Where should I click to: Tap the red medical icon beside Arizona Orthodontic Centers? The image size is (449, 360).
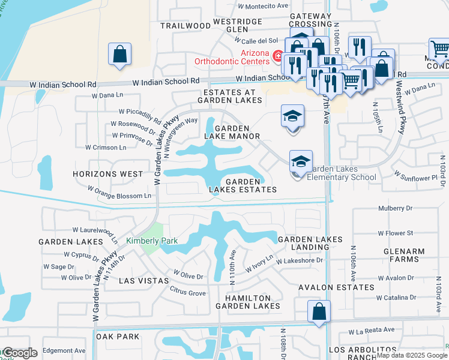click(x=277, y=57)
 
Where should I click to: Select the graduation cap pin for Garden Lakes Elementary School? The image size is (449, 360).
click(x=301, y=163)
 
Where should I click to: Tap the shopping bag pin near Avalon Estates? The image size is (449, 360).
click(x=319, y=312)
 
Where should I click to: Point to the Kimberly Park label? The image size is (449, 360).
click(x=152, y=241)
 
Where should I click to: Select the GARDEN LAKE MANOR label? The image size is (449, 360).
click(x=232, y=133)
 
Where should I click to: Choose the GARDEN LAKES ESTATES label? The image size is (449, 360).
click(x=243, y=185)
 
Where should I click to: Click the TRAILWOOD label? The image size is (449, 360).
click(x=186, y=26)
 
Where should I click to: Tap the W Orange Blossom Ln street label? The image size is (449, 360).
click(x=119, y=192)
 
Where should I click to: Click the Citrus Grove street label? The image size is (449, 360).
click(x=188, y=293)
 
